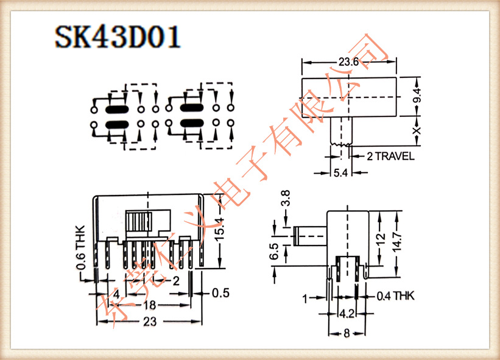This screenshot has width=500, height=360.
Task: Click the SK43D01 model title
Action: [118, 38]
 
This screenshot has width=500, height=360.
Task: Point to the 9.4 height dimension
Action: [417, 96]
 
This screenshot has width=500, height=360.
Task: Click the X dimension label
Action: [417, 130]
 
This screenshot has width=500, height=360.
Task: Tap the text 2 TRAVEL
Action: [390, 156]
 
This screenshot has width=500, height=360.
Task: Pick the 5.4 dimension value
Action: [340, 174]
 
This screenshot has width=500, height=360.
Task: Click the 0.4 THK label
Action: [395, 297]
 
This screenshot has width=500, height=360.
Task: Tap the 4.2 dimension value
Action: [347, 314]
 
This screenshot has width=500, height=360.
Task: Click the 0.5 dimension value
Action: [220, 293]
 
